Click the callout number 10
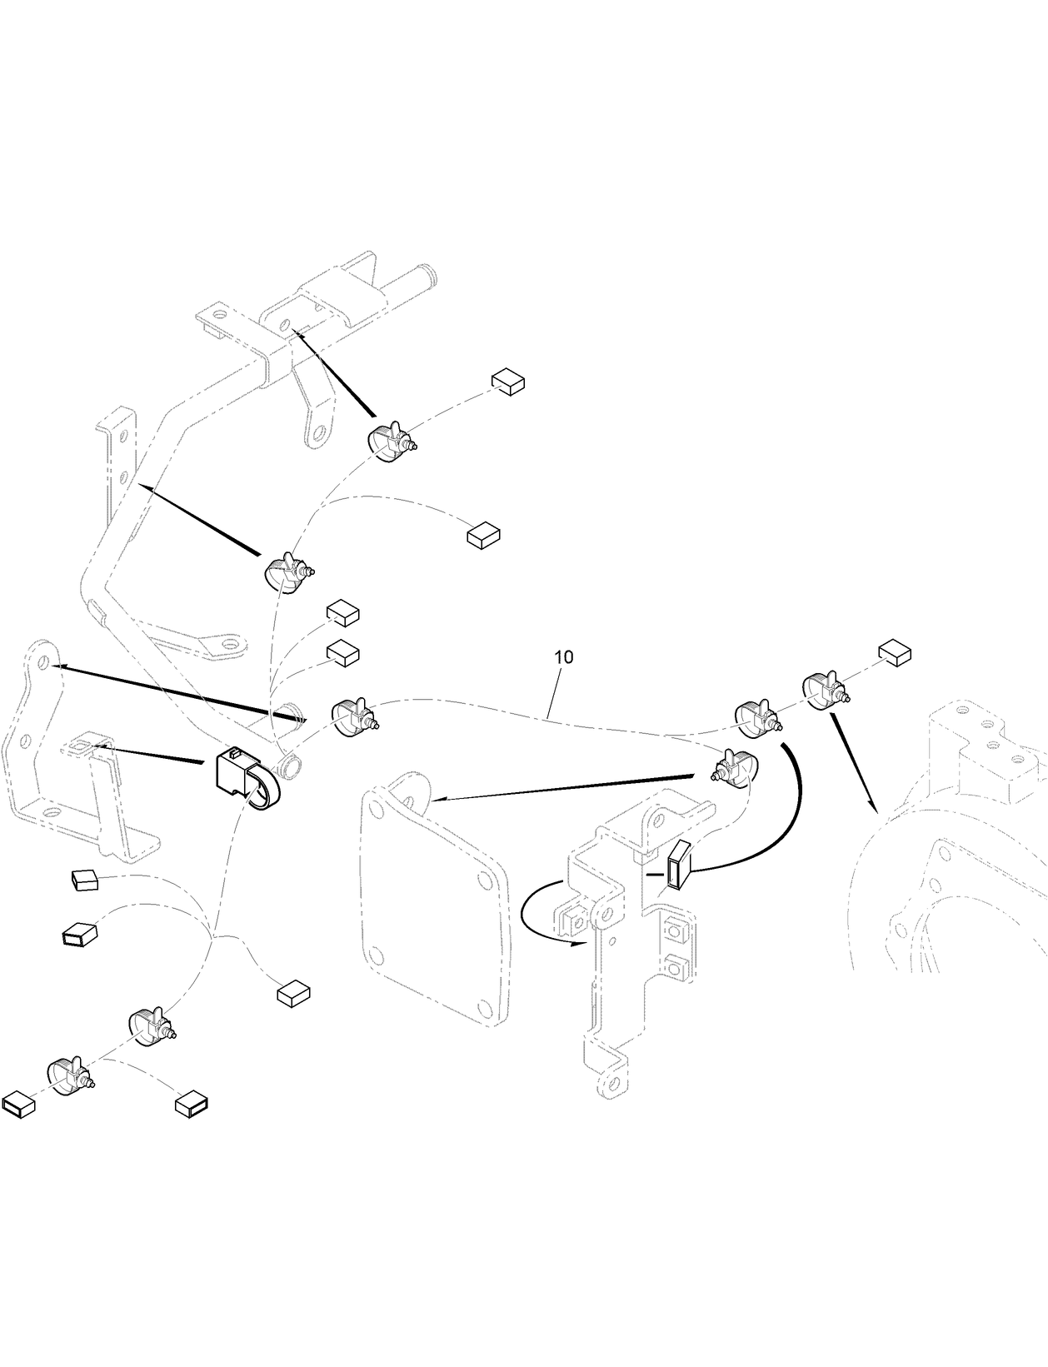tap(564, 656)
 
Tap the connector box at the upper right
tap(896, 653)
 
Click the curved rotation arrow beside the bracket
tap(541, 919)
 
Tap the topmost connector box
tap(507, 382)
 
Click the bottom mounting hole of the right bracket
tap(614, 1084)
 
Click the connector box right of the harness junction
tap(293, 992)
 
